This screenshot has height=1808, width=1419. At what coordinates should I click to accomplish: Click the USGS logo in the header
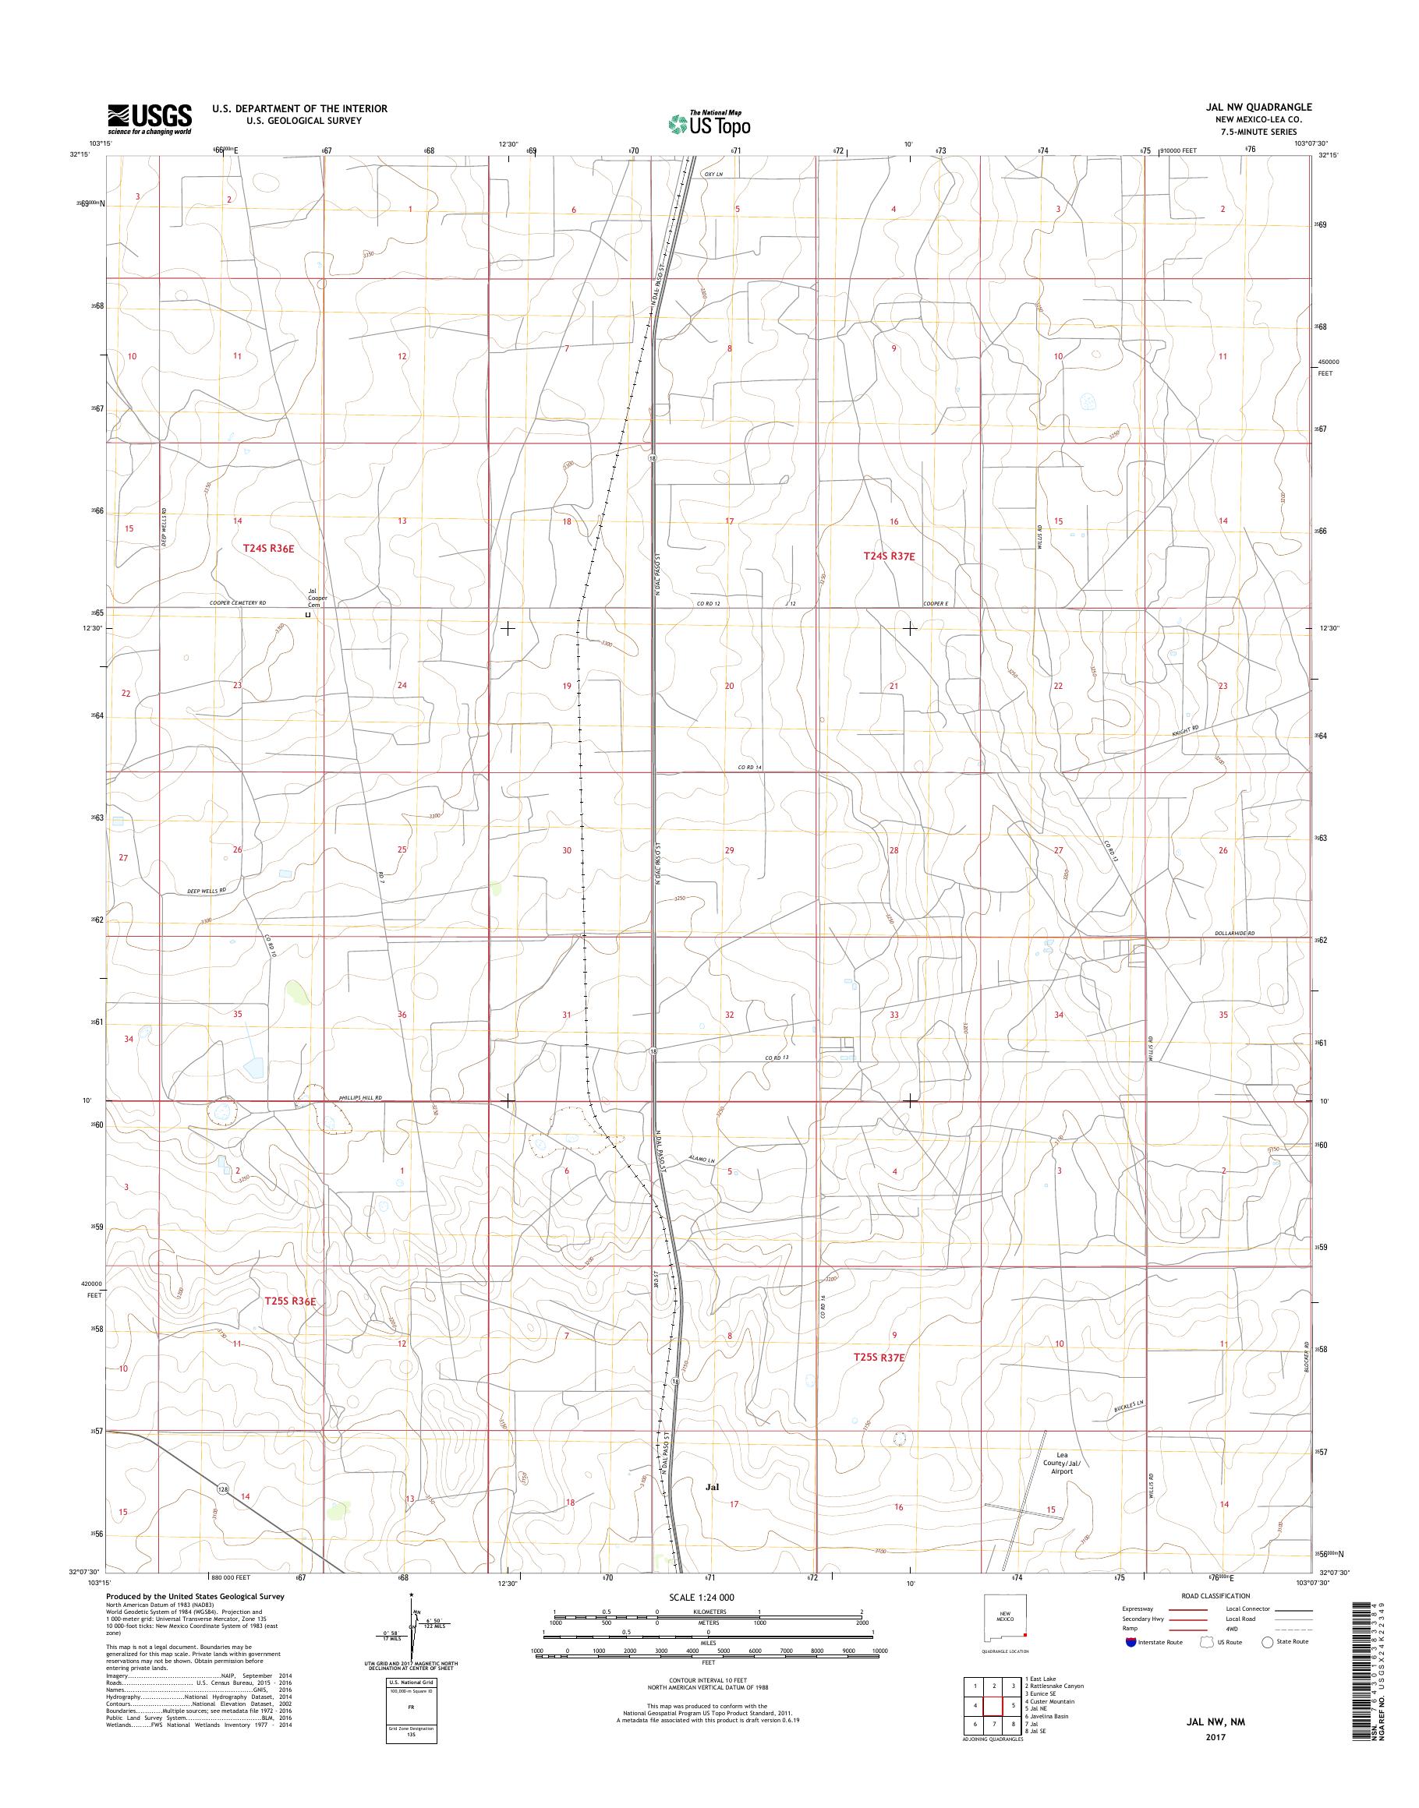(x=150, y=119)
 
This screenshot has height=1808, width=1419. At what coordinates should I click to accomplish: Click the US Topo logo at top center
(x=709, y=124)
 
